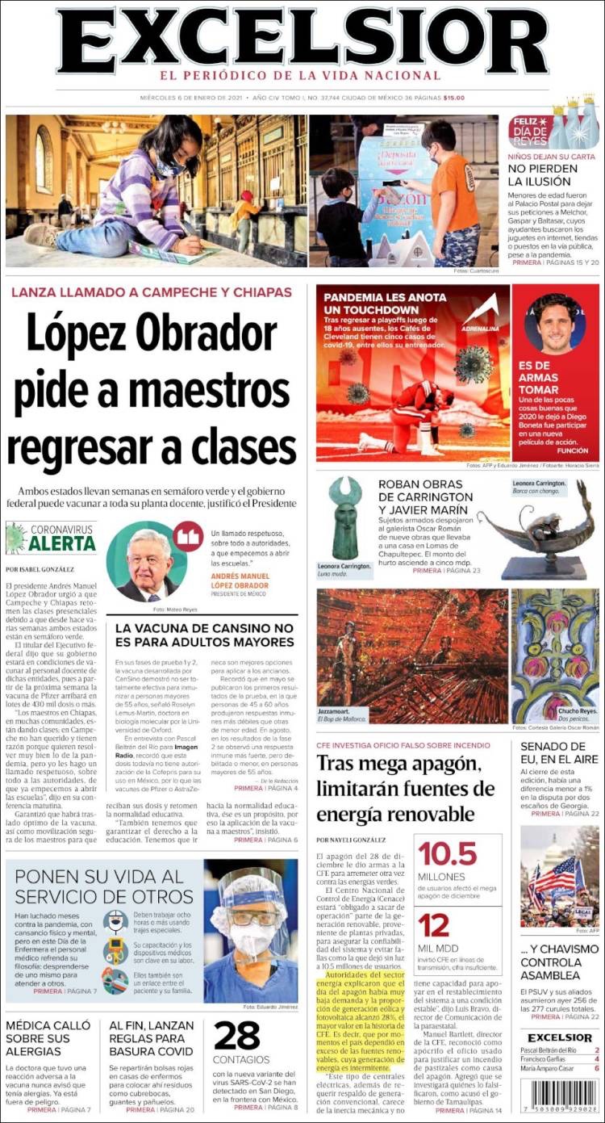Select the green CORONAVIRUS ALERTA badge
[x=52, y=538]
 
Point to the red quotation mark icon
[x=188, y=536]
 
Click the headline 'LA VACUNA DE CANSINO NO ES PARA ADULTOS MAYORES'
[x=205, y=635]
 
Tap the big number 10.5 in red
[x=447, y=853]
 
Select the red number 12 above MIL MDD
[x=434, y=925]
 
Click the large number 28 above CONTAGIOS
[x=237, y=1037]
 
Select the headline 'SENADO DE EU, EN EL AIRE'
[x=558, y=752]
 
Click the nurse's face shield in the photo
[x=252, y=913]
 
